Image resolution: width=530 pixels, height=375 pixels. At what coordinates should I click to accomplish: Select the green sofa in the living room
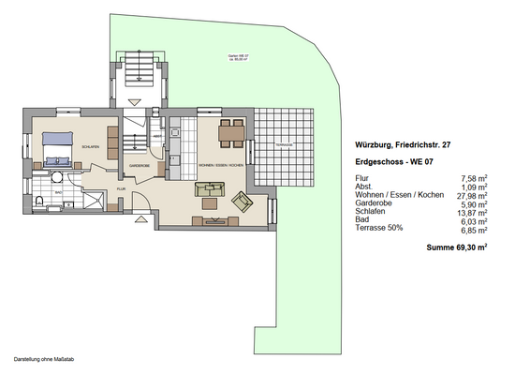[210, 189]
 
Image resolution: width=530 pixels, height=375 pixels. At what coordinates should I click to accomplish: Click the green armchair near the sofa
[243, 200]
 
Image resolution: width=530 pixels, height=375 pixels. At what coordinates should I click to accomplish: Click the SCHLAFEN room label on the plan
[91, 147]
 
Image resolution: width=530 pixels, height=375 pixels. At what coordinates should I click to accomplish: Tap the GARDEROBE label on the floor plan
[140, 165]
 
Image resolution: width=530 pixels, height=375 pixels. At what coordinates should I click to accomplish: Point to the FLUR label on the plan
[121, 188]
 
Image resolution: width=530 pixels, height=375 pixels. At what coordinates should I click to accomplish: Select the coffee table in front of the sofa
[211, 203]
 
